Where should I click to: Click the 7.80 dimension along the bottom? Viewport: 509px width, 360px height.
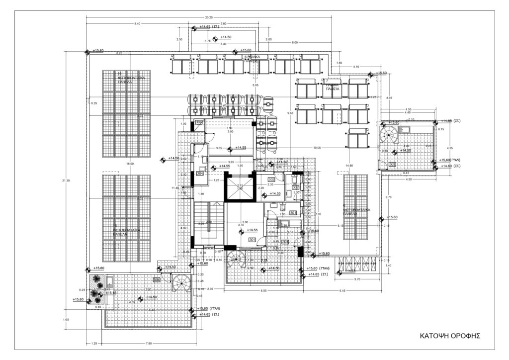(148, 344)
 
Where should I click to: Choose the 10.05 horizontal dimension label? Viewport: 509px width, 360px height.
(317, 148)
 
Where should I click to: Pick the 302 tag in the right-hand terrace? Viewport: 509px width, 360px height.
(392, 164)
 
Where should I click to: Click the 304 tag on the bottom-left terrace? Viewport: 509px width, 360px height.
(157, 280)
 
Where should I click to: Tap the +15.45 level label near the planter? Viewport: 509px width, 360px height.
(111, 293)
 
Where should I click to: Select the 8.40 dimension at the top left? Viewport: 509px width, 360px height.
(137, 23)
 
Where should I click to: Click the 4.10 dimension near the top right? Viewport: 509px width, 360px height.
(356, 67)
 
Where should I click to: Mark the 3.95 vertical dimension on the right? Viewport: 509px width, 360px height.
(389, 98)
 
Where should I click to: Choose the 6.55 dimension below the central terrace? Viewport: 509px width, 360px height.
(264, 291)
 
